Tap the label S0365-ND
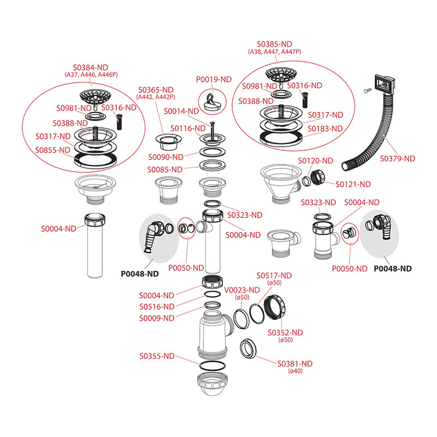click(x=156, y=90)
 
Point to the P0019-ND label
click(x=214, y=80)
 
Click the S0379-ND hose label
click(x=397, y=158)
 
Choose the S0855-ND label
click(x=53, y=150)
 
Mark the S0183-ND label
click(x=326, y=129)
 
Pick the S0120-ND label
click(x=315, y=161)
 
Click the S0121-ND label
click(x=353, y=184)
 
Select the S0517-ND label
click(x=274, y=275)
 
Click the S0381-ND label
click(x=295, y=364)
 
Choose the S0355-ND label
click(x=157, y=356)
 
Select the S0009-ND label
click(x=157, y=318)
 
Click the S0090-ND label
click(x=166, y=157)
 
